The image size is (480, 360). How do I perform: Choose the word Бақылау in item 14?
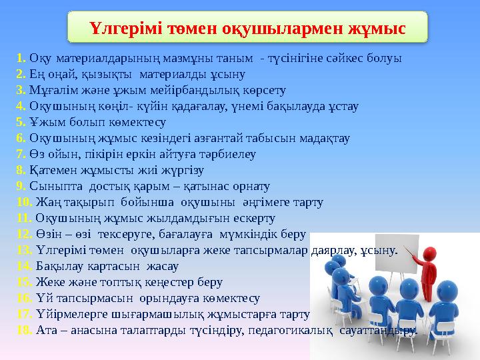(57, 267)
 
